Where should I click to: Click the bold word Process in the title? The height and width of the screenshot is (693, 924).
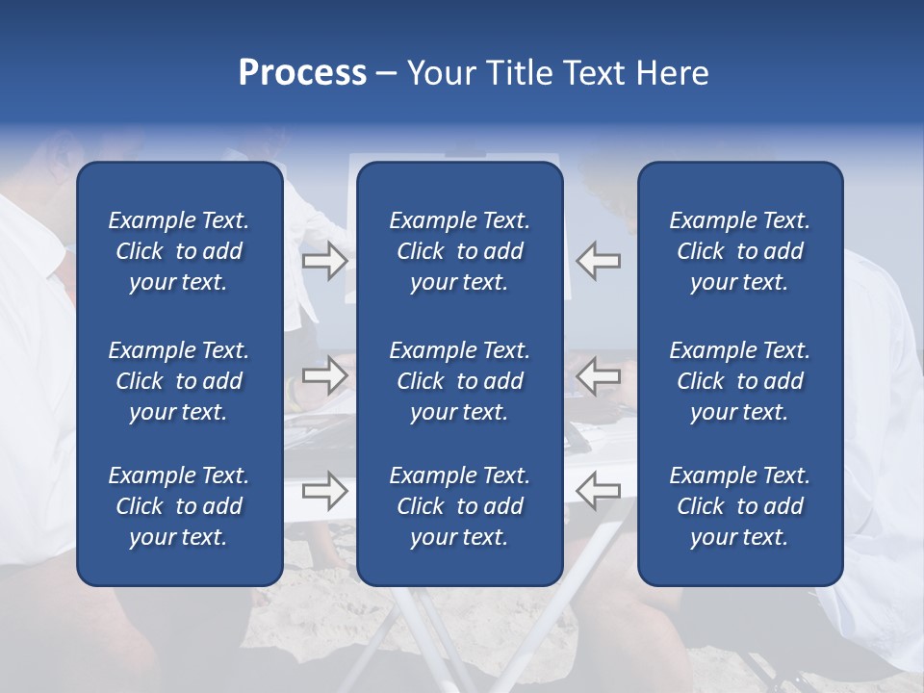302,73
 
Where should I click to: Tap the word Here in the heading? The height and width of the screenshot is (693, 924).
673,73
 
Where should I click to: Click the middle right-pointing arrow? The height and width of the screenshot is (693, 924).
324,375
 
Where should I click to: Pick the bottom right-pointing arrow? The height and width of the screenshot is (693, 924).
324,491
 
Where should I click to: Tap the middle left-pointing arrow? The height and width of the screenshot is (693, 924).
599,375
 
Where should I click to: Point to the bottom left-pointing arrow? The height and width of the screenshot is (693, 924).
599,491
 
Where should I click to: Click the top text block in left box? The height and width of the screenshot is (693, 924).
179,251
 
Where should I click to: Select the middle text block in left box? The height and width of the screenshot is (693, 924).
179,381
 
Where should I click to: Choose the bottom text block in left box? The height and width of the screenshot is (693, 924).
179,506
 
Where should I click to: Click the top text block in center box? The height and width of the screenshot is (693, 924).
459,251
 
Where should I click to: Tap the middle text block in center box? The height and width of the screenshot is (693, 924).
459,381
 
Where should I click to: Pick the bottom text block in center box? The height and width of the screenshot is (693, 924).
459,506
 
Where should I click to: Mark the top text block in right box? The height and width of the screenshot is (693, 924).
739,251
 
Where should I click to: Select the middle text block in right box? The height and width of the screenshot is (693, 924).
739,381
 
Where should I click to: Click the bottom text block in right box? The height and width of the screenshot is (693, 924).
739,506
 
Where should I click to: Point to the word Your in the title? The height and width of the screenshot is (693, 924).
441,73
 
